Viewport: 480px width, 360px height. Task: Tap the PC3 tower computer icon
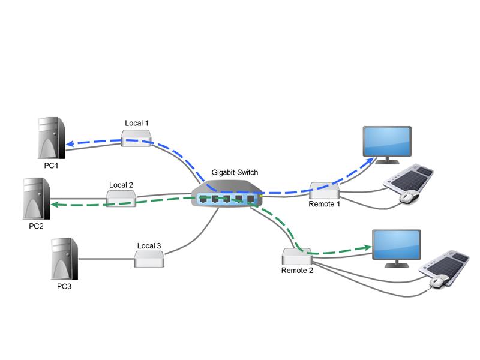pyautogui.click(x=64, y=259)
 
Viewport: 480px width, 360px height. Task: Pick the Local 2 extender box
pyautogui.click(x=121, y=198)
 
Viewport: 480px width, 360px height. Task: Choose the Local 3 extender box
pyautogui.click(x=149, y=259)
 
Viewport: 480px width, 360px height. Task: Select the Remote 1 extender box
pyautogui.click(x=325, y=190)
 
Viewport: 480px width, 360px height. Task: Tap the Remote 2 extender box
pyautogui.click(x=297, y=257)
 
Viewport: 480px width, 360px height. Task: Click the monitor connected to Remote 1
pyautogui.click(x=387, y=142)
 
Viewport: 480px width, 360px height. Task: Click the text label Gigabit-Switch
pyautogui.click(x=235, y=172)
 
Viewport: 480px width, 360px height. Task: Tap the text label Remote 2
pyautogui.click(x=297, y=271)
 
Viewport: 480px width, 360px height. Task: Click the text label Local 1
pyautogui.click(x=136, y=123)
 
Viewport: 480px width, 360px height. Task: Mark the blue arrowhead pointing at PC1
pyautogui.click(x=69, y=144)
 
